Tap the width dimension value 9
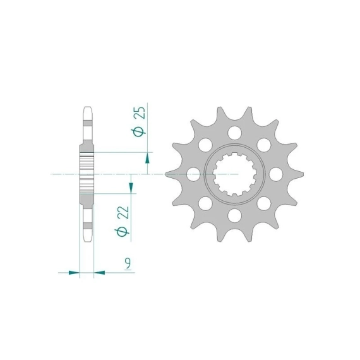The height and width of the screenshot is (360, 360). (128, 263)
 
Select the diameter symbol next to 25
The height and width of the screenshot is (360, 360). (138, 132)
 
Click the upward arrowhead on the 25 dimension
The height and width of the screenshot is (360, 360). (147, 159)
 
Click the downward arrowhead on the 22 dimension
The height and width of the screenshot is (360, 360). (131, 187)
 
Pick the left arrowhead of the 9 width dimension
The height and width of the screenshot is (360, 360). (74, 273)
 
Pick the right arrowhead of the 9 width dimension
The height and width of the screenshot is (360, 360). (99, 273)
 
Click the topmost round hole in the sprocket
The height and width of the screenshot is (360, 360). (235, 133)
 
